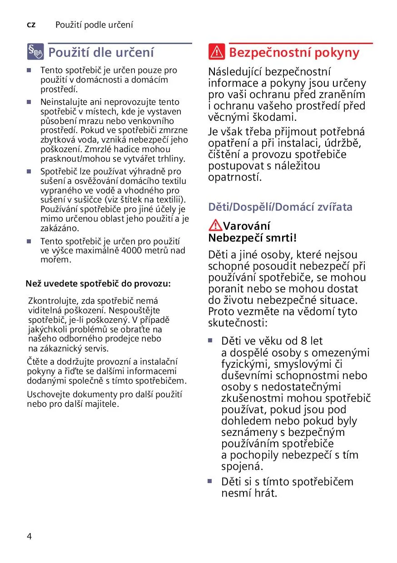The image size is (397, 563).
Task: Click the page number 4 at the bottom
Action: (30, 536)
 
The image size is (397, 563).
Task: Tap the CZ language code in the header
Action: (31, 25)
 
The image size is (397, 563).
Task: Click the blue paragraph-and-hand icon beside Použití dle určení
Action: (35, 53)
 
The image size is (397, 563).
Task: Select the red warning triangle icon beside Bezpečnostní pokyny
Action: (217, 53)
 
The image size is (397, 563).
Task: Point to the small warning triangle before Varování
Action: (215, 225)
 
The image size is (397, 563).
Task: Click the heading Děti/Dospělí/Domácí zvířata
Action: (280, 207)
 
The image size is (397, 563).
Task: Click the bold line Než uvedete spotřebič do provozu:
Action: (98, 284)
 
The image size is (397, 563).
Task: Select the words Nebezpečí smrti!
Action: (252, 237)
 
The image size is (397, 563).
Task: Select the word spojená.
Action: (242, 466)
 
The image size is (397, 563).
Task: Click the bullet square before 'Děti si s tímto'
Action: (210, 480)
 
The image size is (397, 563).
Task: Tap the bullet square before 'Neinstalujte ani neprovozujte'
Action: (29, 102)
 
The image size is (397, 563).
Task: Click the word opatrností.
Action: (235, 177)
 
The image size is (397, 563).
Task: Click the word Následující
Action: (235, 72)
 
